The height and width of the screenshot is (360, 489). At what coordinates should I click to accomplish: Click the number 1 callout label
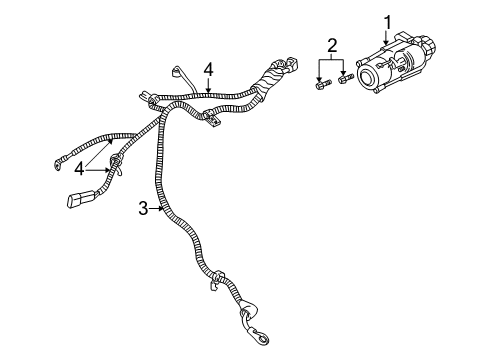(x=387, y=20)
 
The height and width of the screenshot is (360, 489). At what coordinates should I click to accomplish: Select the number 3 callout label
(x=143, y=208)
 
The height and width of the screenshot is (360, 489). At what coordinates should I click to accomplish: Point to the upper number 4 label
(x=209, y=69)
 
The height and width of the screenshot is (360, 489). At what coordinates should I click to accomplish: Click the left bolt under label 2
(x=321, y=84)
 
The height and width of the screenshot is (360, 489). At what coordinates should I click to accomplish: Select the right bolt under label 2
(x=345, y=79)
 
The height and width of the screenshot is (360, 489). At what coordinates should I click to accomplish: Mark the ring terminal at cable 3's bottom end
(x=251, y=321)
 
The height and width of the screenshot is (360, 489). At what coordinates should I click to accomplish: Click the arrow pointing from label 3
(x=157, y=208)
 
